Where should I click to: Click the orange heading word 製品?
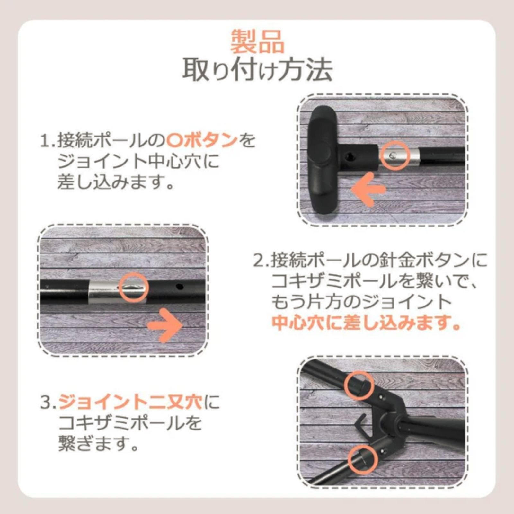pos(257,42)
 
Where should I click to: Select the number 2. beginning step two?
pos(261,261)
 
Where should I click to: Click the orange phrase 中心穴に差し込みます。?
pos(366,323)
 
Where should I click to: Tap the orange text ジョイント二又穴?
pos(130,403)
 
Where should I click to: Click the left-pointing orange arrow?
pos(368,189)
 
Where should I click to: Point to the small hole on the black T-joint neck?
pos(349,156)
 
